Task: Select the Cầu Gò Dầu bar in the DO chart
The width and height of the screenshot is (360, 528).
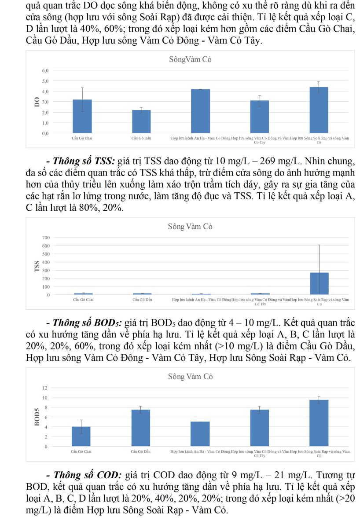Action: click(142, 122)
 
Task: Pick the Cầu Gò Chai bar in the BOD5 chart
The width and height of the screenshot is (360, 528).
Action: click(81, 436)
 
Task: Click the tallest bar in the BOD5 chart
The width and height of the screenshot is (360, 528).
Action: click(320, 423)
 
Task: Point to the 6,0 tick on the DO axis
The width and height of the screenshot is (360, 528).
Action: click(45, 70)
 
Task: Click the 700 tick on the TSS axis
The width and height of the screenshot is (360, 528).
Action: click(46, 238)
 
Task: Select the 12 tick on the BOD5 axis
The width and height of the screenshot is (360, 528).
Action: click(44, 388)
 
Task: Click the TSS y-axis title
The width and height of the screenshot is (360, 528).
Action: click(37, 266)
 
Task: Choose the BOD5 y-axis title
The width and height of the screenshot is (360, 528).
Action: click(37, 417)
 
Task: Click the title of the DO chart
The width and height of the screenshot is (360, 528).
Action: click(190, 59)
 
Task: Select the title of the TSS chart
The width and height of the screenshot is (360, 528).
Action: click(190, 227)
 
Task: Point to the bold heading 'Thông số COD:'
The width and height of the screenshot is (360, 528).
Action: click(87, 476)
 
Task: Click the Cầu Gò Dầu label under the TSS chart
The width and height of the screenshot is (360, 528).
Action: click(142, 300)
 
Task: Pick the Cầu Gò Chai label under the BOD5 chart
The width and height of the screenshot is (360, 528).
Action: click(81, 451)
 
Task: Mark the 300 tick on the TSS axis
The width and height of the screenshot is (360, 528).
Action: click(46, 270)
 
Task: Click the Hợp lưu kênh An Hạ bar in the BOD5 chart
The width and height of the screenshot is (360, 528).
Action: click(200, 434)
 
